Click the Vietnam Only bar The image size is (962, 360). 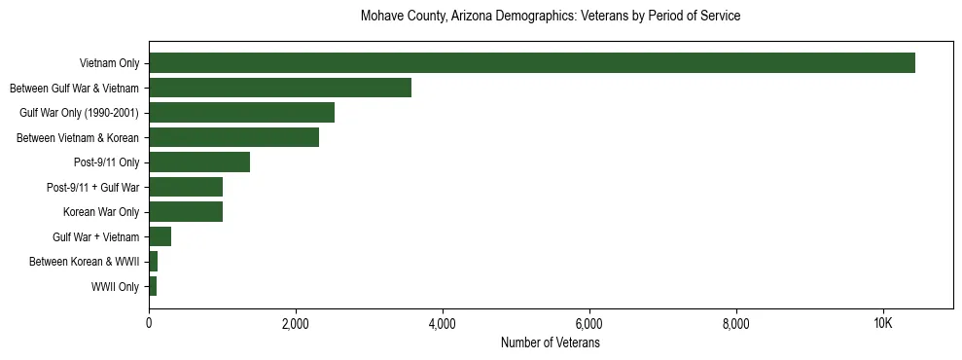[532, 63]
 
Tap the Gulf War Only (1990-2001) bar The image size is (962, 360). [241, 113]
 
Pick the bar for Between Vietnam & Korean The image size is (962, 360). [233, 137]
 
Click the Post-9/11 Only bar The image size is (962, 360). [199, 162]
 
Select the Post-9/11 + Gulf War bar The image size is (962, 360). [186, 187]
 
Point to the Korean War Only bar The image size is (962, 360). [186, 212]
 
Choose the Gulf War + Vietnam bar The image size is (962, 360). [160, 236]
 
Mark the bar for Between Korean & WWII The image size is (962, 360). [154, 262]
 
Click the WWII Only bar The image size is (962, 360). [153, 286]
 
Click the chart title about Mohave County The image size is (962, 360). [551, 17]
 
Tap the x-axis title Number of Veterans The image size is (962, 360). [551, 342]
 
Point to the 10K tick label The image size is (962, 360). [882, 324]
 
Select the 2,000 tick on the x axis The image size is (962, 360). [296, 324]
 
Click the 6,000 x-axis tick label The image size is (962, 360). [589, 324]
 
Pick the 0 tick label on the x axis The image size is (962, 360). [149, 324]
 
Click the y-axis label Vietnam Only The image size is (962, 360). [109, 63]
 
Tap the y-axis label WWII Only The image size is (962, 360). [115, 287]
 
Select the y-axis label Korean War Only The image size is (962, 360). [101, 212]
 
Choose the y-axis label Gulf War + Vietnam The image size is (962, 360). [96, 237]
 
